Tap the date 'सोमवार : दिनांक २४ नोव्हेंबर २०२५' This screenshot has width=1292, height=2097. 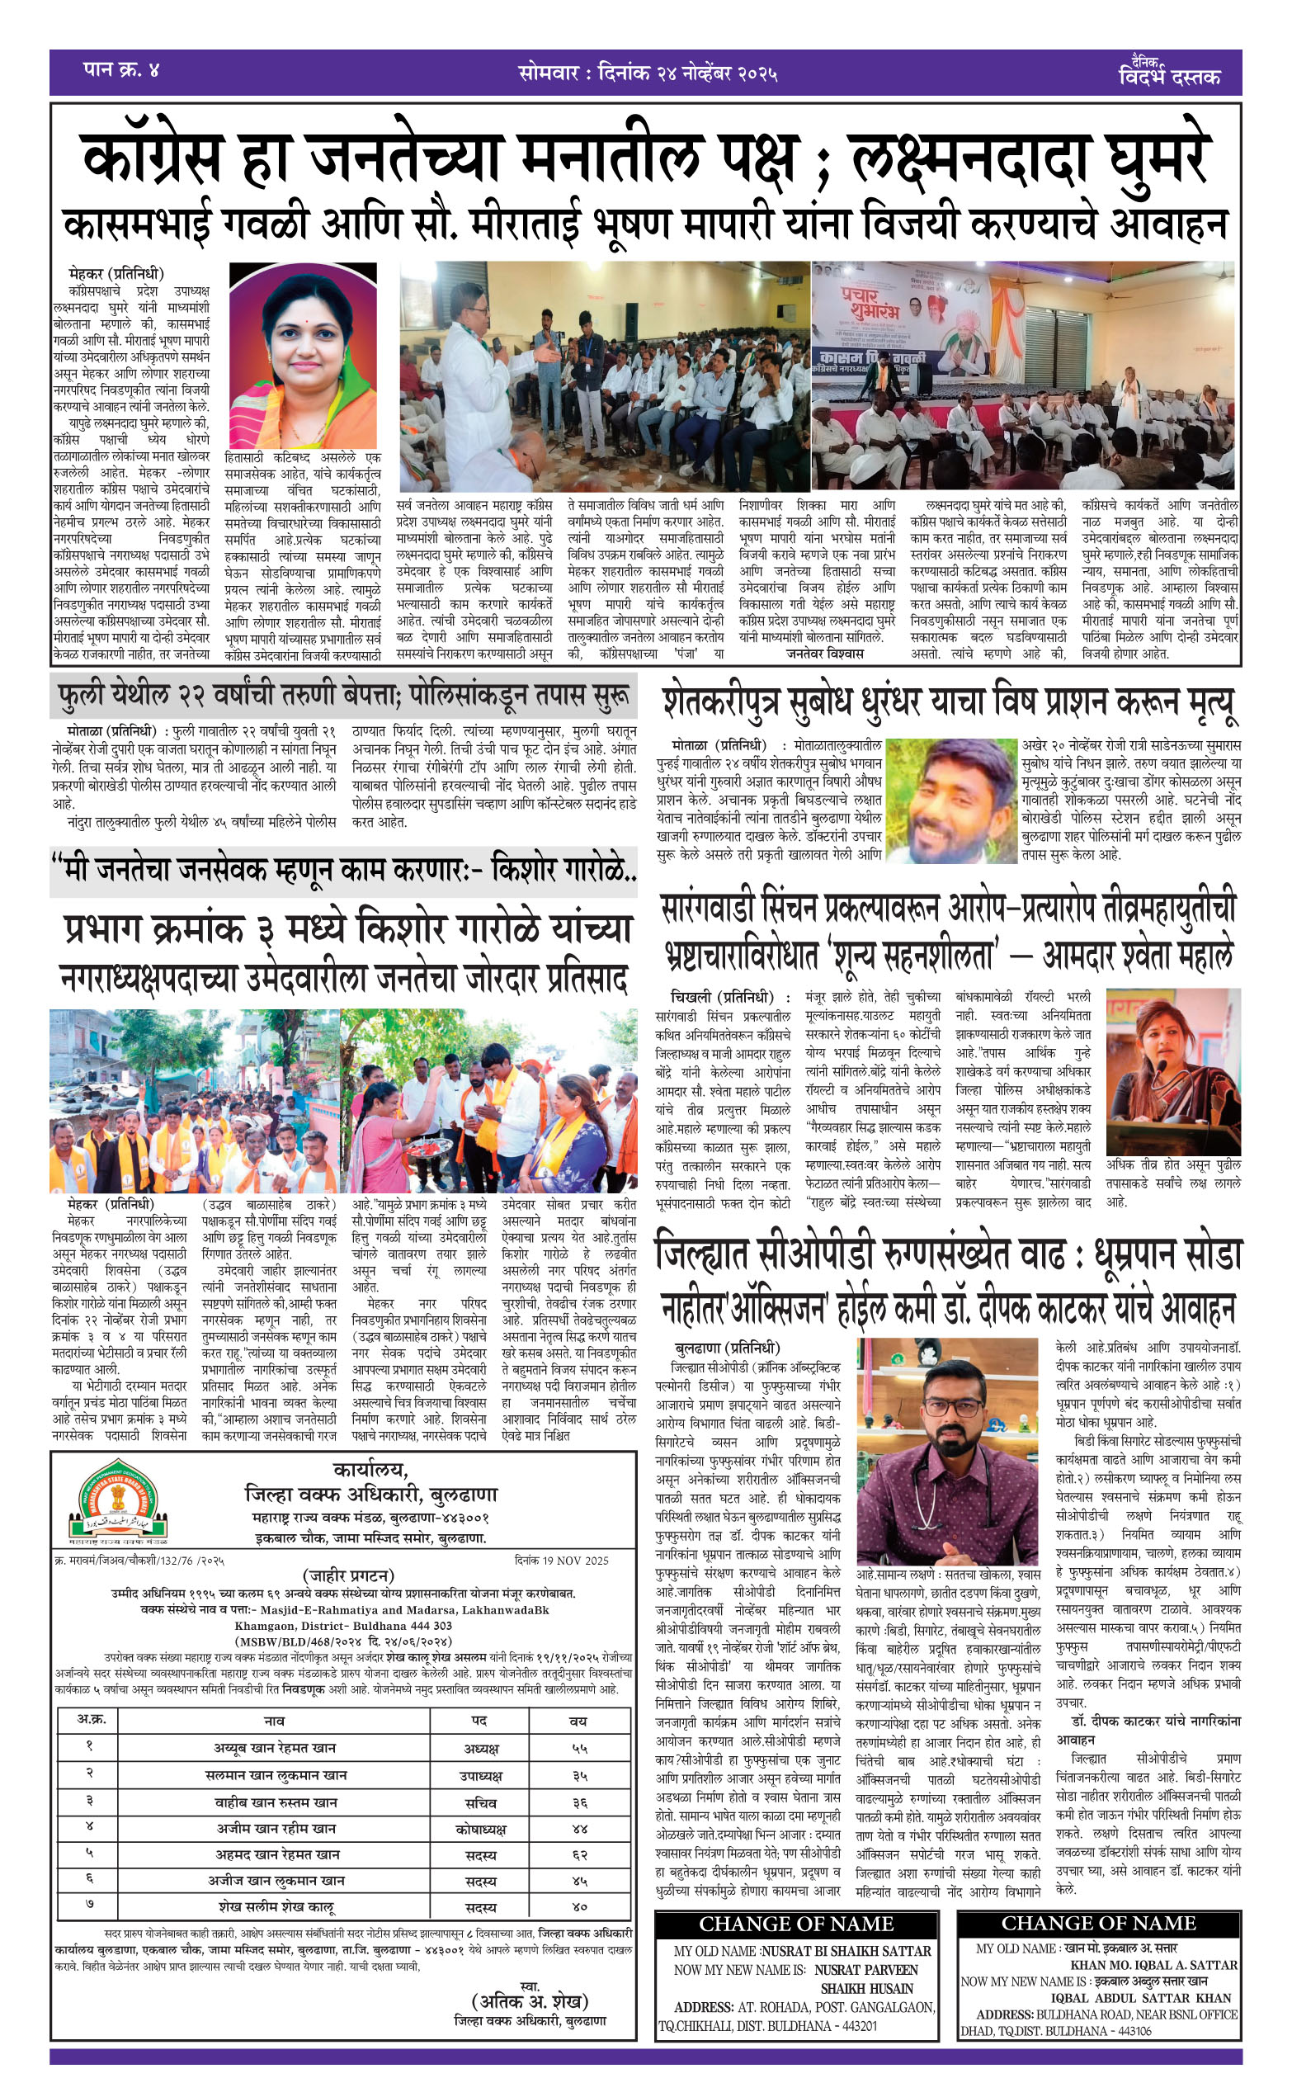pyautogui.click(x=648, y=73)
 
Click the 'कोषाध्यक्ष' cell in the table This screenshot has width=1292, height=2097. pyautogui.click(x=480, y=1829)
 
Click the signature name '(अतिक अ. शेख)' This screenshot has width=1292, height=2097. pyautogui.click(x=530, y=2000)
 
